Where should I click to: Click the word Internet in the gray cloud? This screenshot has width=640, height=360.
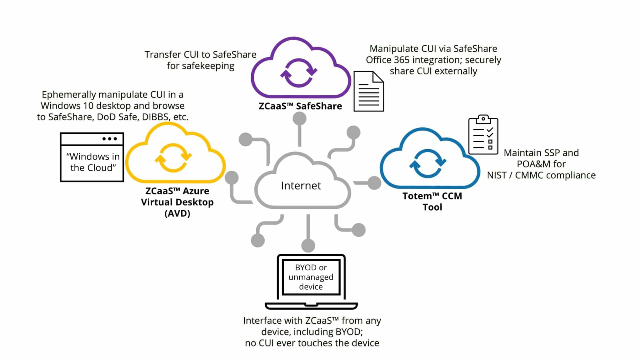[x=301, y=186]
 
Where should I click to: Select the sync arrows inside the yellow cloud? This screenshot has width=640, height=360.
[x=173, y=157]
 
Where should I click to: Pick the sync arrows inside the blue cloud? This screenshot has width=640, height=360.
[x=427, y=163]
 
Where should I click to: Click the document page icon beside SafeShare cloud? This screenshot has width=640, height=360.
[x=368, y=92]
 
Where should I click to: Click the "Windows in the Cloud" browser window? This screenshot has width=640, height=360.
[x=92, y=162]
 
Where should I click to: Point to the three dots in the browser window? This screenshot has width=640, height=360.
[x=109, y=139]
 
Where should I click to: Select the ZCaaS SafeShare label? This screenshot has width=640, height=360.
[x=300, y=106]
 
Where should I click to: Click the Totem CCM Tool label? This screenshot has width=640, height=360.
[x=432, y=201]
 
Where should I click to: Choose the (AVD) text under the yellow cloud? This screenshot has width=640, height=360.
[x=177, y=213]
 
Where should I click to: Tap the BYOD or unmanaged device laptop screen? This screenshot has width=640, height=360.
[x=311, y=277]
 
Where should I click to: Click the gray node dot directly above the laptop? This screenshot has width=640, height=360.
[x=308, y=245]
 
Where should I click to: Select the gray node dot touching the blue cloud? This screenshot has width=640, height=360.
[x=374, y=183]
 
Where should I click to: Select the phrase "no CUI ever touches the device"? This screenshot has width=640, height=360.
[x=312, y=343]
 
